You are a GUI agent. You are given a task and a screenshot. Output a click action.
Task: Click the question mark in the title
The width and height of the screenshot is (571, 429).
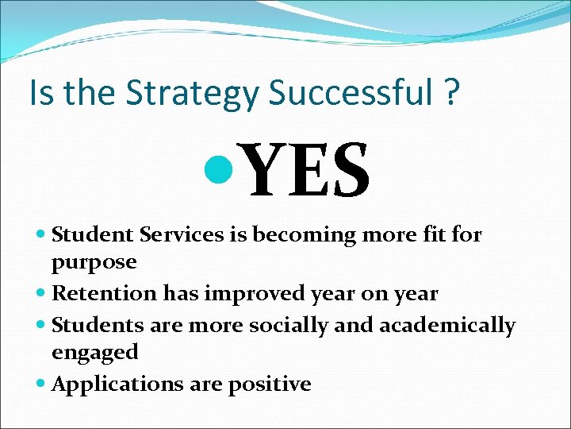pyautogui.click(x=450, y=94)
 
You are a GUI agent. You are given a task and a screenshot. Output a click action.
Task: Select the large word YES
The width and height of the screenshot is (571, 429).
pyautogui.click(x=308, y=171)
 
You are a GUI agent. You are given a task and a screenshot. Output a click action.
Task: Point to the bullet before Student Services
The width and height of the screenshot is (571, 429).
pyautogui.click(x=41, y=235)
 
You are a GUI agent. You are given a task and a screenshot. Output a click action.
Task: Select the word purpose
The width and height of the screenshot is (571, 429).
pyautogui.click(x=94, y=263)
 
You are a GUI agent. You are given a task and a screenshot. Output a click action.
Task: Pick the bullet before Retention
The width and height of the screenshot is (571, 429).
pyautogui.click(x=41, y=294)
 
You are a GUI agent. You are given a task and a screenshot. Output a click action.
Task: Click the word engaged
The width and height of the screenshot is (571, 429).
pyautogui.click(x=95, y=353)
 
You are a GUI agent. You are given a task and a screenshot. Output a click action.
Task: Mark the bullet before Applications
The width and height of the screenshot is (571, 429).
pyautogui.click(x=41, y=385)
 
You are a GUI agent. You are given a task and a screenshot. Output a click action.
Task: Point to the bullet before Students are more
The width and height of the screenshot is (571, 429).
pyautogui.click(x=41, y=326)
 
